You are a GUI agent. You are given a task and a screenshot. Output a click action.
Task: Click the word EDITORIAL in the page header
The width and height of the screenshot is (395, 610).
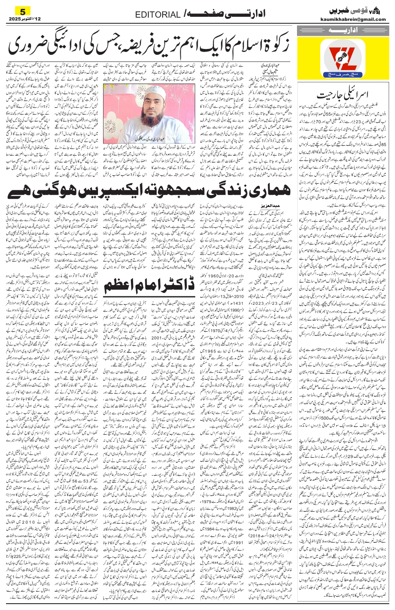158,15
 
